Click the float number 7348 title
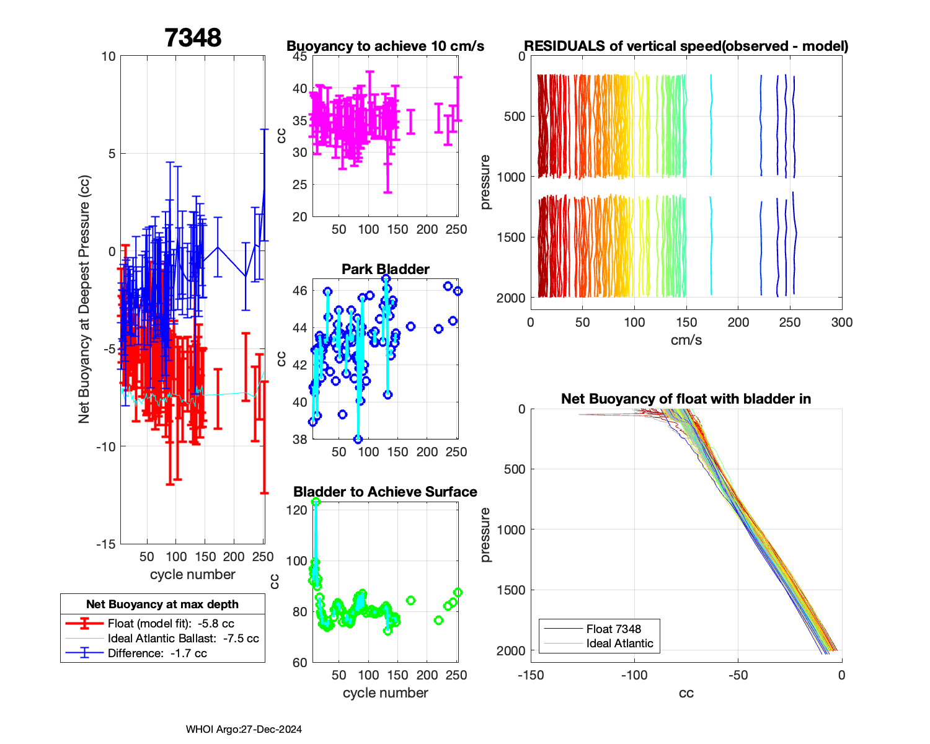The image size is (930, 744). click(193, 38)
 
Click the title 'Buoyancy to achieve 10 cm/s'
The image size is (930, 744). click(385, 46)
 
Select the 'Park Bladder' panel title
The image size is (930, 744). click(385, 269)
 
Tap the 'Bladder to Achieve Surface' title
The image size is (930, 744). click(385, 492)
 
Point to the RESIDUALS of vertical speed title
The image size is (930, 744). click(686, 46)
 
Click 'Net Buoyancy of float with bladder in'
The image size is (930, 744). click(686, 399)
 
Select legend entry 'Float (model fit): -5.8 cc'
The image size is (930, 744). click(170, 624)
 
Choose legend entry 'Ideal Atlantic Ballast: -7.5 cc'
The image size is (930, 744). click(183, 639)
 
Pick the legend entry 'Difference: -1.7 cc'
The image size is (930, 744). click(157, 653)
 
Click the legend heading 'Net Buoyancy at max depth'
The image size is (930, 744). click(162, 604)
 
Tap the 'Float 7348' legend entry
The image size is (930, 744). click(613, 629)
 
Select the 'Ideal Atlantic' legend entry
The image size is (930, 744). click(619, 644)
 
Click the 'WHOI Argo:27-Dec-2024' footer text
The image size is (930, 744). click(244, 729)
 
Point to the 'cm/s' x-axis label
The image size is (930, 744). click(686, 340)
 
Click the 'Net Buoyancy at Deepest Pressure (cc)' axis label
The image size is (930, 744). click(84, 300)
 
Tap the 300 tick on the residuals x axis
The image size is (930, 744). click(841, 322)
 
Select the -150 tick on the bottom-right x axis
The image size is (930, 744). click(531, 675)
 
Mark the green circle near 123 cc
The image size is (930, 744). click(316, 502)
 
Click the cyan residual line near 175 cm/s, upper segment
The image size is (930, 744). click(711, 124)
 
